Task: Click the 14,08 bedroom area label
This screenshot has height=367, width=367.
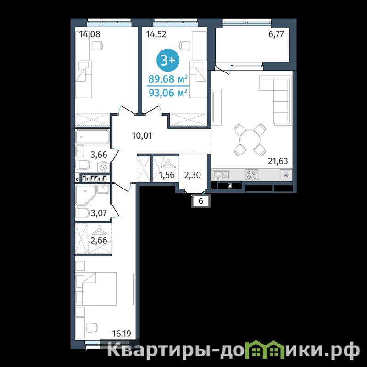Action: click(89, 34)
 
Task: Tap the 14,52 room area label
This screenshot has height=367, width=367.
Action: click(156, 34)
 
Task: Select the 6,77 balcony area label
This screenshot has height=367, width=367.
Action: click(276, 34)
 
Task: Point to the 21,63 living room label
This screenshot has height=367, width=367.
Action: click(278, 161)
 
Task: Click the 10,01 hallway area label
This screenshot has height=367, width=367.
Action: click(142, 135)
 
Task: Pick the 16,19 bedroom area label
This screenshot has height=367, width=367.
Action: click(122, 334)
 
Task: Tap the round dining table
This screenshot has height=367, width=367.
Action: click(250, 140)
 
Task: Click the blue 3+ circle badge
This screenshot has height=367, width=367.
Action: click(168, 60)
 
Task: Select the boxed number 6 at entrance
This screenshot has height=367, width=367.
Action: click(200, 201)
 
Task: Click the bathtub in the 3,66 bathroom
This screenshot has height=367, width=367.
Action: click(93, 136)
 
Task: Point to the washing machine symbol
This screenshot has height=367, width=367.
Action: click(104, 167)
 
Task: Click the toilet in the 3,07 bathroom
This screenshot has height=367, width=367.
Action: click(83, 213)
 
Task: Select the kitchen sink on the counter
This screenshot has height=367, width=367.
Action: click(221, 175)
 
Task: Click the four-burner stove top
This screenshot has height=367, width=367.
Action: click(252, 175)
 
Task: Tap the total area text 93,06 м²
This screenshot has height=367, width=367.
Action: click(168, 93)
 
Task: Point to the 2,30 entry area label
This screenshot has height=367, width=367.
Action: click(192, 175)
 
